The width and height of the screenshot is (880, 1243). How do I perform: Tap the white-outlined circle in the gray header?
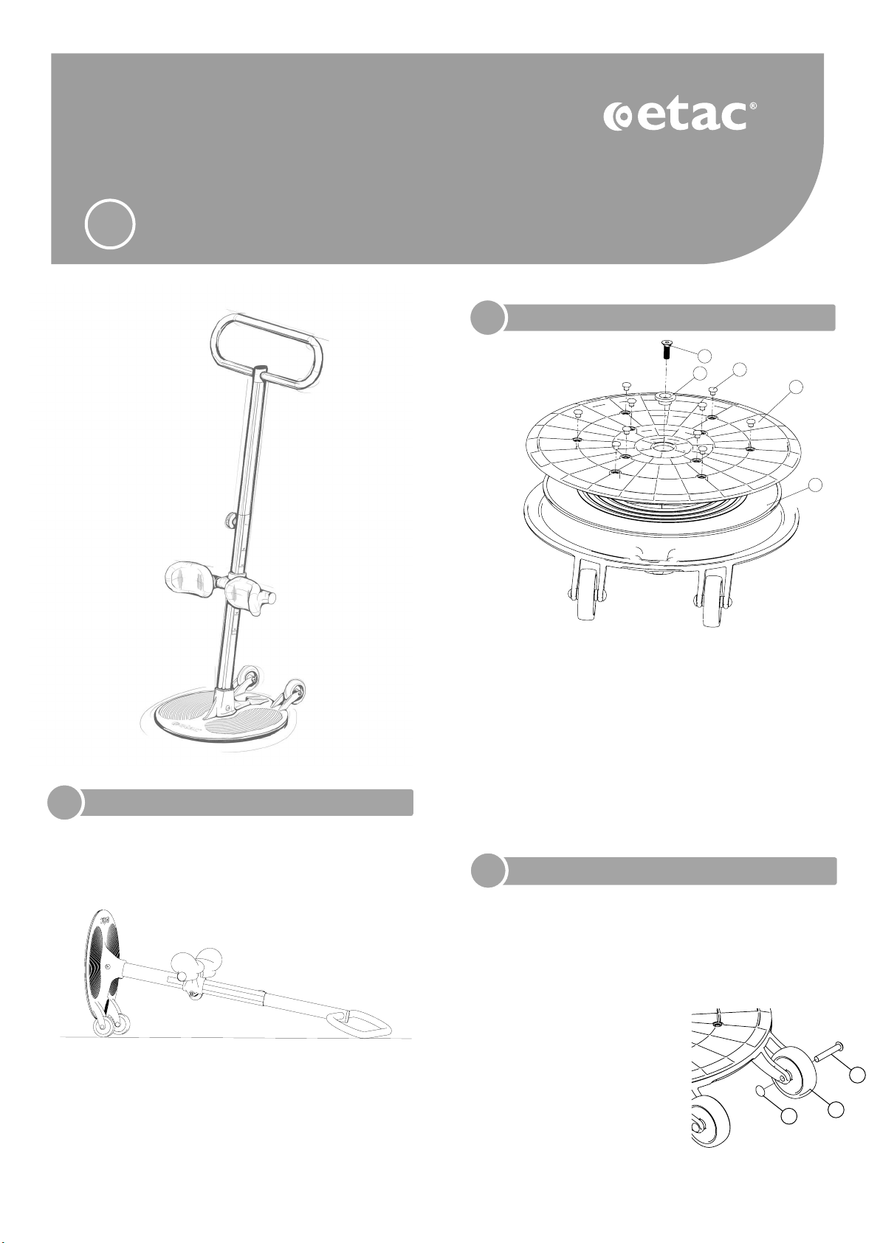[x=110, y=225]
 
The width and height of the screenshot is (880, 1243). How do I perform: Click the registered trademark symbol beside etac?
[x=752, y=105]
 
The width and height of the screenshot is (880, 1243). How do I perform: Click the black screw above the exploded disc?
[x=666, y=351]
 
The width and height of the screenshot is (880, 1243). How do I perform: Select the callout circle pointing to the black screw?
[x=705, y=355]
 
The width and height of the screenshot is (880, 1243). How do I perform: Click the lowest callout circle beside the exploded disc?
[x=814, y=485]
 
